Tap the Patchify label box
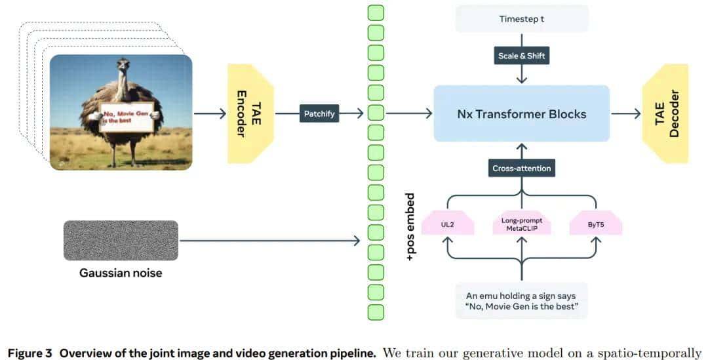point(319,113)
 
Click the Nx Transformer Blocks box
point(521,113)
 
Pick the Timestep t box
point(522,19)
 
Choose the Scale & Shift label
point(522,56)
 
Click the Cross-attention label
point(522,169)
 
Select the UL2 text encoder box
point(448,223)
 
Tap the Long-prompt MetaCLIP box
point(522,223)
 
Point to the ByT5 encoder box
point(596,223)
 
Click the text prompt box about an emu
point(522,301)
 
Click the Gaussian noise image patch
point(121,241)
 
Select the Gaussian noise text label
point(121,272)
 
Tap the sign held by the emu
point(126,116)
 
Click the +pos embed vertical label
point(411,227)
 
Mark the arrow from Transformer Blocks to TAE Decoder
point(625,113)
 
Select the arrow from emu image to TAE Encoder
point(210,113)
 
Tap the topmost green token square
point(376,12)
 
